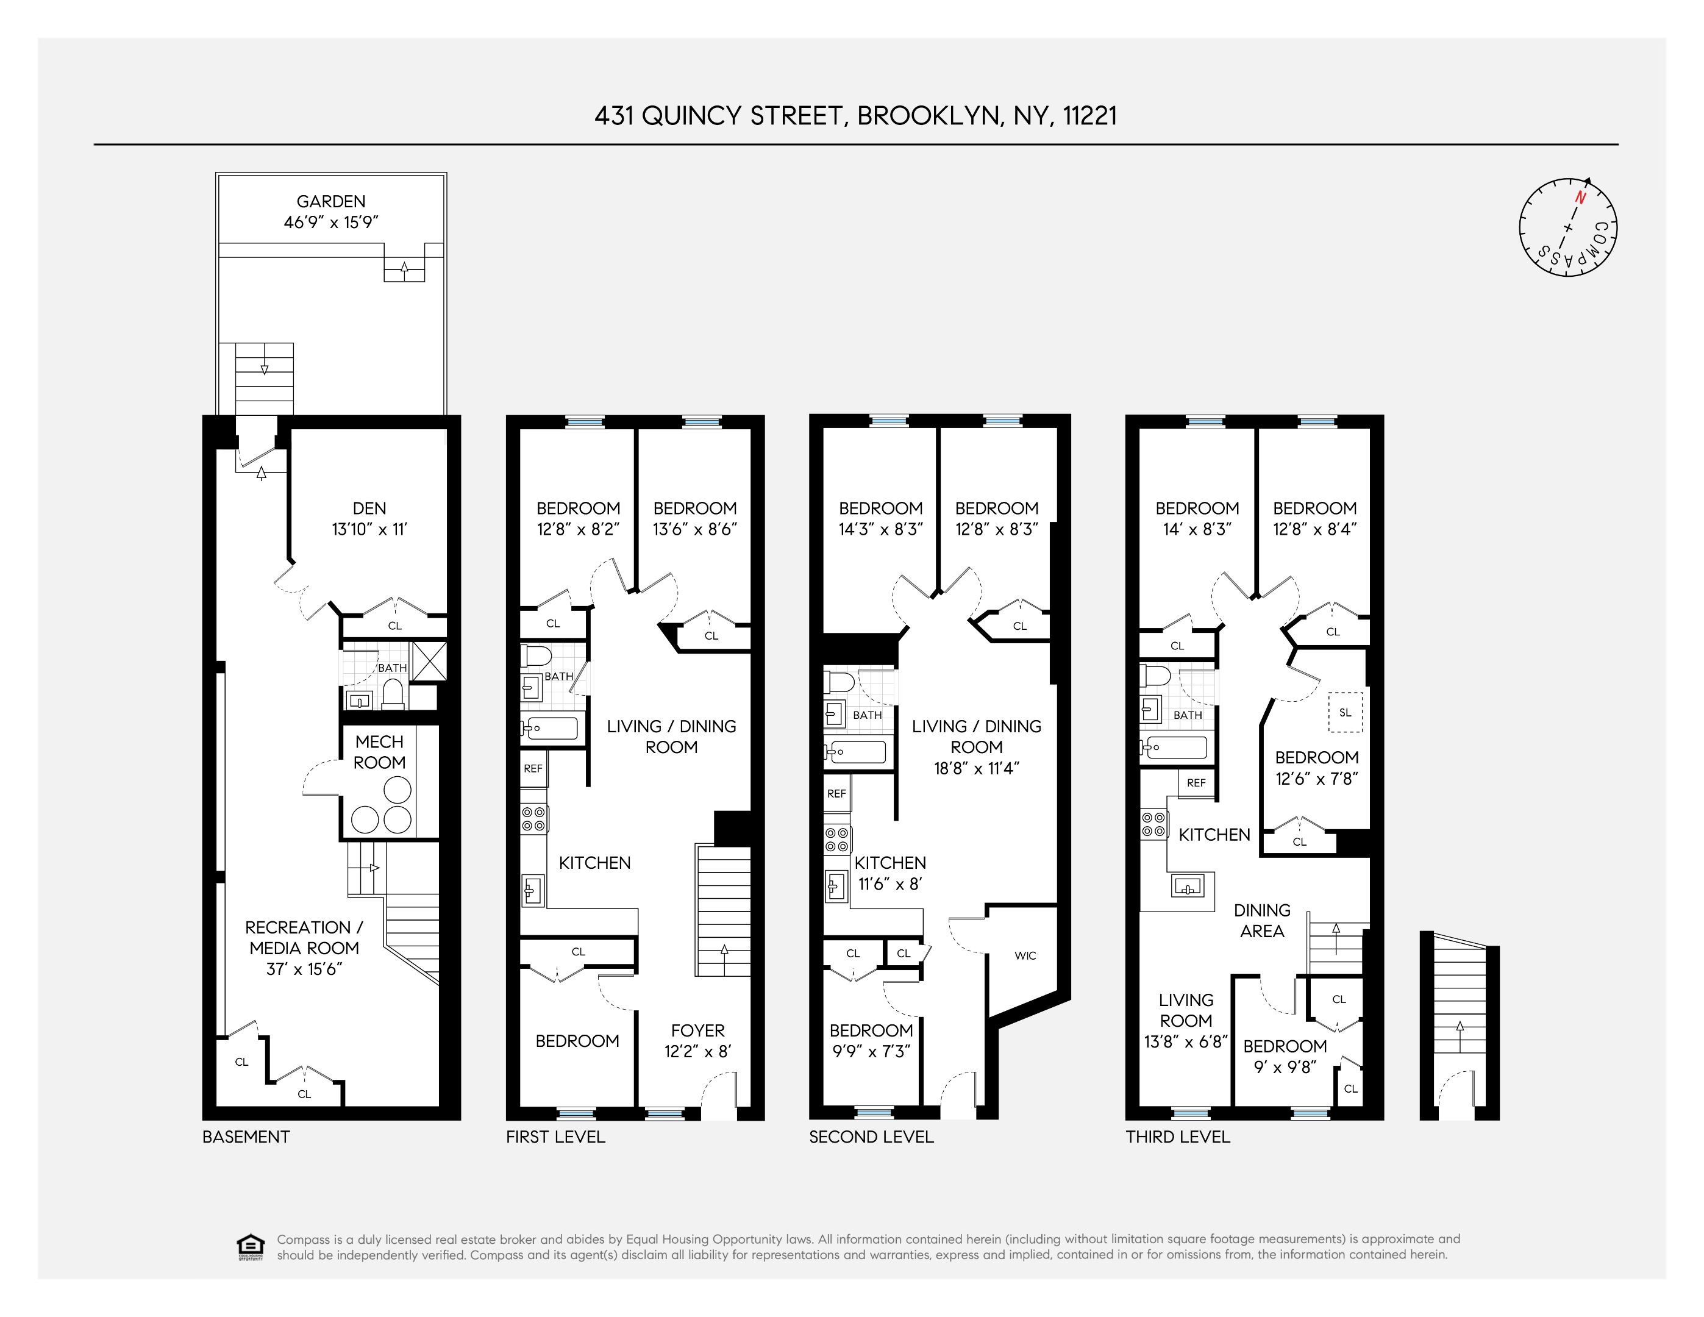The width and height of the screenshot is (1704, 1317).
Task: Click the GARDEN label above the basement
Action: tap(331, 201)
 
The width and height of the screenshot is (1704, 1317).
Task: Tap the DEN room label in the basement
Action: tap(369, 508)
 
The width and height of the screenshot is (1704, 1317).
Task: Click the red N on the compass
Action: tap(1581, 198)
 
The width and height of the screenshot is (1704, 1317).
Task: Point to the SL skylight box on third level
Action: tap(1345, 712)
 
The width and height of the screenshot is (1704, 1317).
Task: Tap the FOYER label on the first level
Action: tap(697, 1030)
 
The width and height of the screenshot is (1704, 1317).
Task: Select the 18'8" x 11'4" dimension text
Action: tap(976, 768)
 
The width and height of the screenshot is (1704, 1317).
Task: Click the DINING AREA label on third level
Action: tap(1261, 921)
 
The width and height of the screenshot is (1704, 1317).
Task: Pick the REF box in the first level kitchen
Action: tap(533, 768)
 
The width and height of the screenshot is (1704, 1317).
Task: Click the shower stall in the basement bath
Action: tap(429, 661)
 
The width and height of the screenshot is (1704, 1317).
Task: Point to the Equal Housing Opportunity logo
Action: tap(250, 1246)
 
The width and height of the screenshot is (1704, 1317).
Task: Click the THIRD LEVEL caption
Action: tap(1177, 1137)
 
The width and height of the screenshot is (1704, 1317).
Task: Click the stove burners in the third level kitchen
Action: tap(1153, 824)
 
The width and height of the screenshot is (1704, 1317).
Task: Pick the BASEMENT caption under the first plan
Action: tap(246, 1137)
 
